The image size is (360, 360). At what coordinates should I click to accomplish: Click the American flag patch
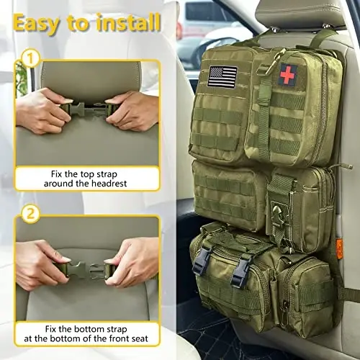tap(222, 76)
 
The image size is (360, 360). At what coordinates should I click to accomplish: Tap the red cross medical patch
tap(287, 74)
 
